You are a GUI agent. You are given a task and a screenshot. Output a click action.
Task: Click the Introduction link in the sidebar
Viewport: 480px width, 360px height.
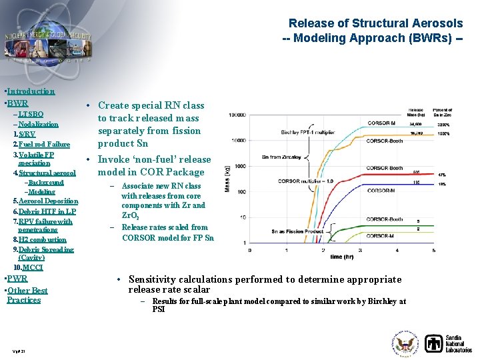tap(31, 91)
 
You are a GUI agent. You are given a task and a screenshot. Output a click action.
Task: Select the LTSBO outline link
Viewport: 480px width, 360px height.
tap(30, 114)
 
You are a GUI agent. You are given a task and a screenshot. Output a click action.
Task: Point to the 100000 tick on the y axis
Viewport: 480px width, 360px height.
tap(237, 115)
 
